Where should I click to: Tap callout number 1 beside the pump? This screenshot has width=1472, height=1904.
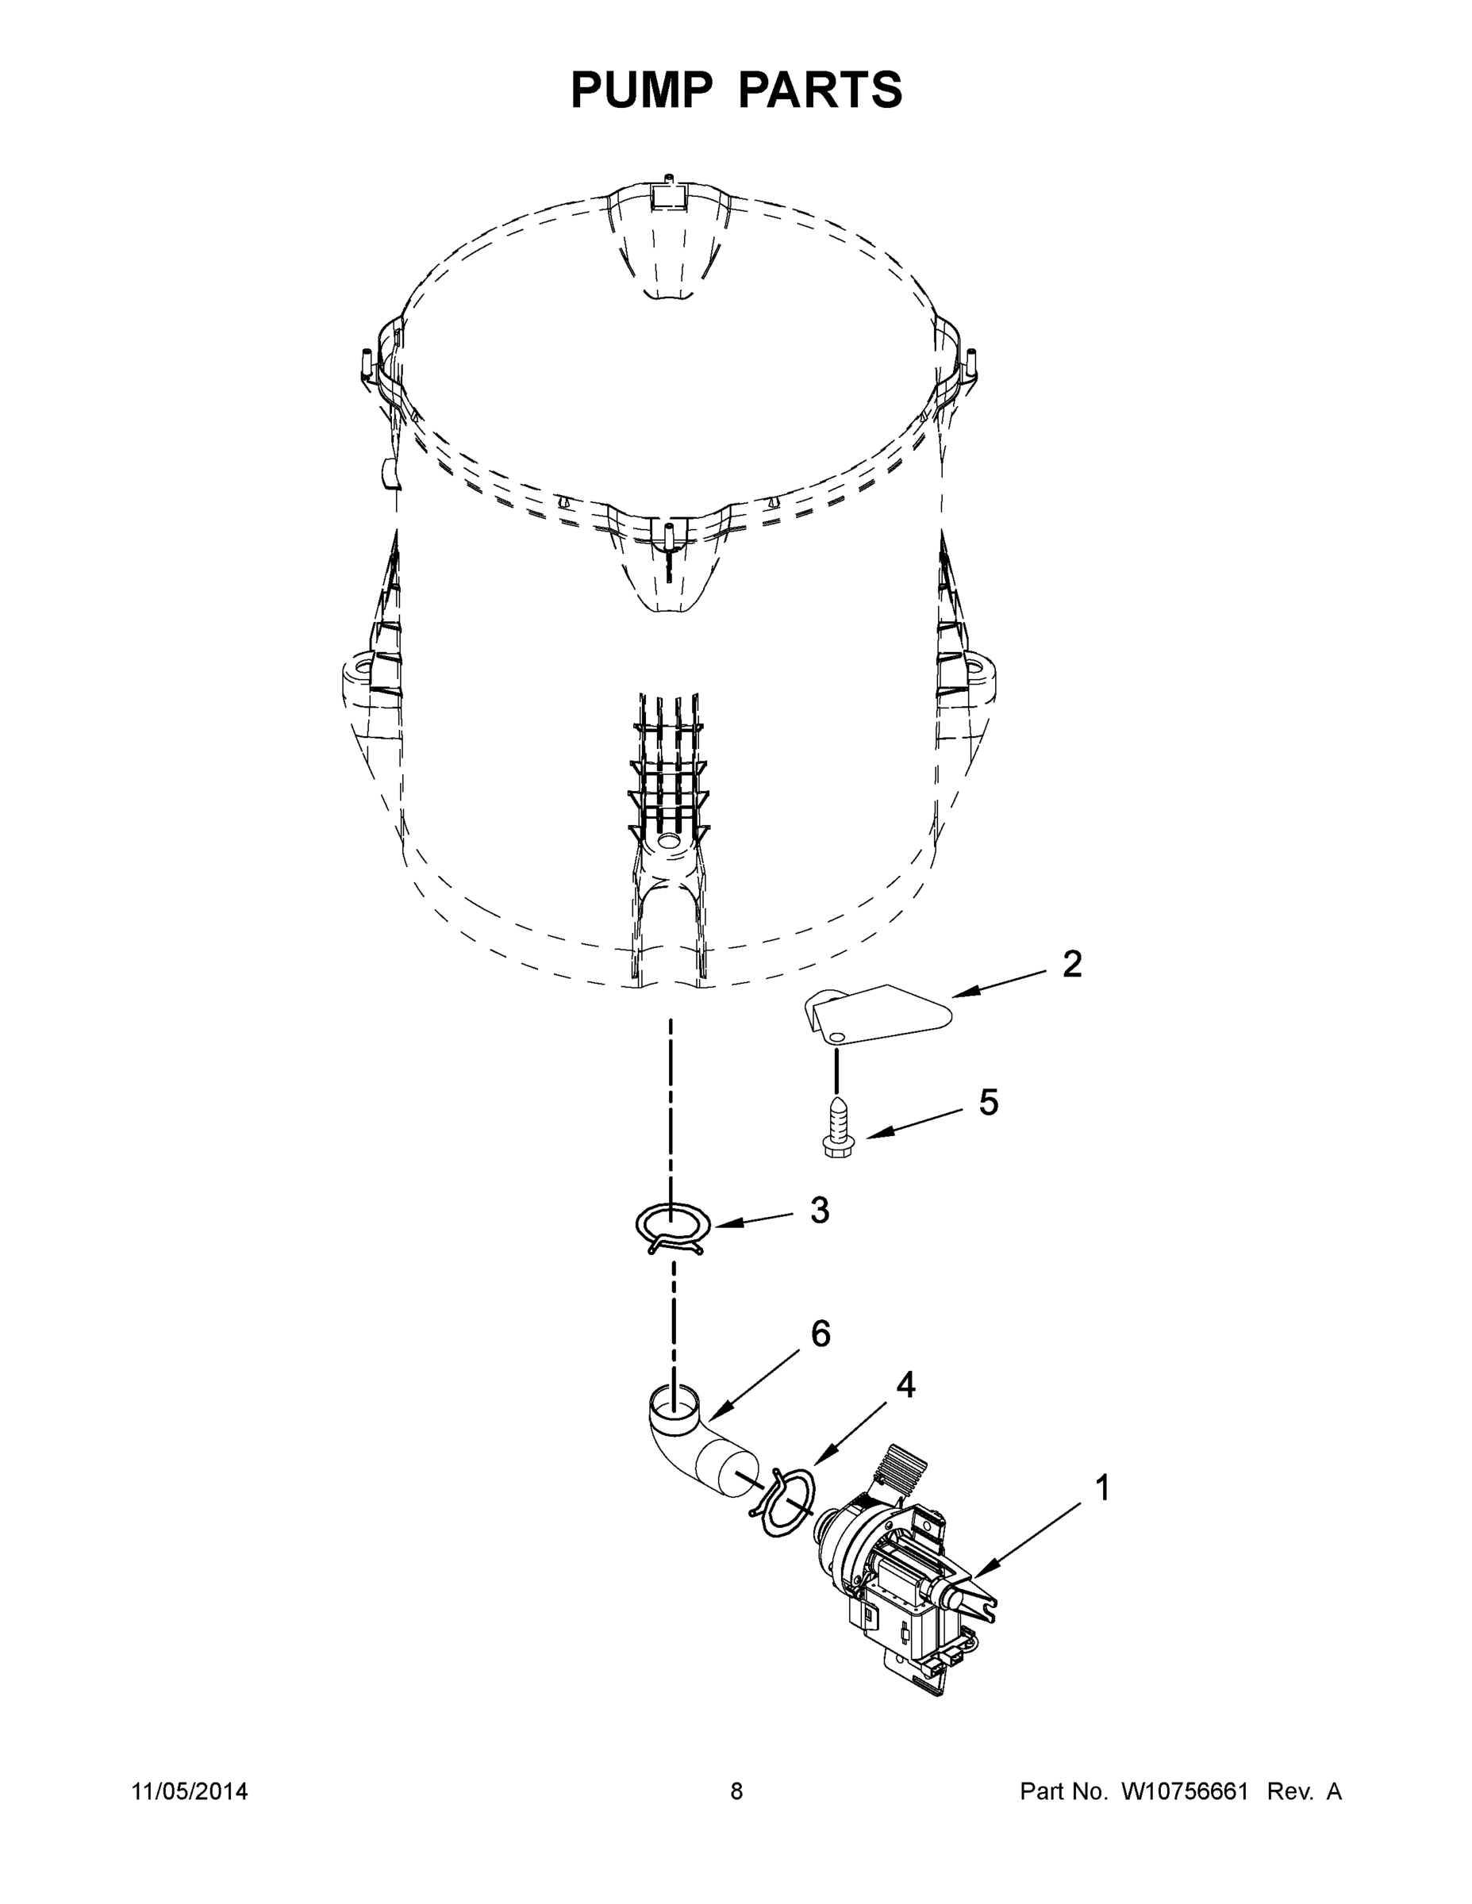pos(1102,1488)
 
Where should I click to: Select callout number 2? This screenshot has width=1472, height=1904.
pos(1072,964)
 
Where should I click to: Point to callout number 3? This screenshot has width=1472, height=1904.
pos(819,1210)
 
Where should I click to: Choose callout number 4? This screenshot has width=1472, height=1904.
pos(906,1384)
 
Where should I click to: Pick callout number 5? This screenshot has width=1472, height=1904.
pos(988,1103)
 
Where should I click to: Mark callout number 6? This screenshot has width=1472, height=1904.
pos(821,1334)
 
